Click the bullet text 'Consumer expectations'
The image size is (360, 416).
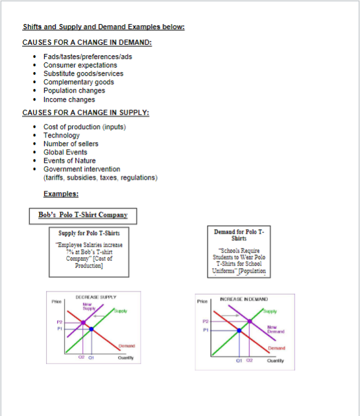pyautogui.click(x=80, y=65)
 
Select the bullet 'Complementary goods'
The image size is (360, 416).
pyautogui.click(x=78, y=82)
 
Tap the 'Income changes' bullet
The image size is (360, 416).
pyautogui.click(x=69, y=99)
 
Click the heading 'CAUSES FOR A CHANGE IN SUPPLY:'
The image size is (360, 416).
pyautogui.click(x=86, y=112)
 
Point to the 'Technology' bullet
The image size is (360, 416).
pyautogui.click(x=62, y=135)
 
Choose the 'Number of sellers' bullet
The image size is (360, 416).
pyautogui.click(x=71, y=143)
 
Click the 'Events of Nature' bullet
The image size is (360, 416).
pyautogui.click(x=69, y=160)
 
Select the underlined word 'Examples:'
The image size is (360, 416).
pyautogui.click(x=61, y=193)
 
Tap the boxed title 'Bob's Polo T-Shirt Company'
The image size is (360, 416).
pyautogui.click(x=82, y=215)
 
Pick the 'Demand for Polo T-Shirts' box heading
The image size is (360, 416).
pyautogui.click(x=239, y=234)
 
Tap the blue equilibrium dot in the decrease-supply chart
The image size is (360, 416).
pyautogui.click(x=91, y=329)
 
